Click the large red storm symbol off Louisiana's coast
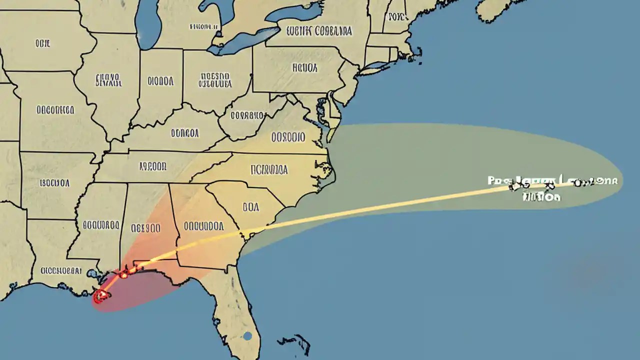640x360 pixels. tap(101, 295)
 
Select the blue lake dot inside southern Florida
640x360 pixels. tap(247, 336)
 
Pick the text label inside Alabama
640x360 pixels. tap(145, 228)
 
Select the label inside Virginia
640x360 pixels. tap(288, 136)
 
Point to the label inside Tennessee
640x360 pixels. tap(152, 166)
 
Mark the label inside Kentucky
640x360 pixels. tap(184, 133)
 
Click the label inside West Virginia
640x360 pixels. tap(247, 115)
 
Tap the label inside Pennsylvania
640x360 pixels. tap(305, 67)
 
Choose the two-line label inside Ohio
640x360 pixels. tap(215, 80)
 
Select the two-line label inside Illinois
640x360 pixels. tap(107, 80)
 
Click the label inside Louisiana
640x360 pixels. tap(61, 270)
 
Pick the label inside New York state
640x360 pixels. tap(319, 31)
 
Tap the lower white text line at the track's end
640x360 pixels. tap(541, 197)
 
